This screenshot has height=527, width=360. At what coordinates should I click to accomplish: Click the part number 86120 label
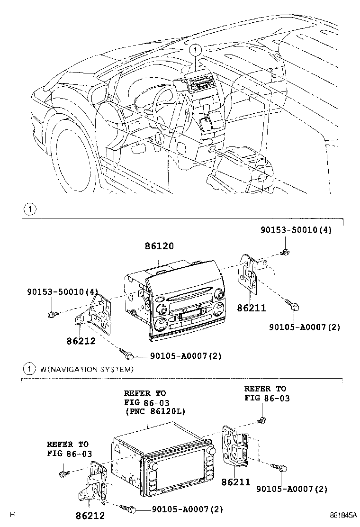click(x=159, y=246)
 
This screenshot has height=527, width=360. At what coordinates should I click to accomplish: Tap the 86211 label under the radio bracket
click(x=251, y=308)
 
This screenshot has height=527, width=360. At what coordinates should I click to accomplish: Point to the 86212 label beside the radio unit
click(x=81, y=340)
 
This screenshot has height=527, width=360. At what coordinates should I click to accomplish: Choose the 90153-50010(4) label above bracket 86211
click(x=296, y=230)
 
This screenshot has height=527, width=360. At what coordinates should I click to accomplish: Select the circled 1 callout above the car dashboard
click(x=195, y=49)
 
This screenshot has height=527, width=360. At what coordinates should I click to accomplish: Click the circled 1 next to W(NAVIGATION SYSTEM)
click(x=30, y=369)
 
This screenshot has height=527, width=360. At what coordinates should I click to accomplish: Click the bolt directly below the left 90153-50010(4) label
click(x=53, y=313)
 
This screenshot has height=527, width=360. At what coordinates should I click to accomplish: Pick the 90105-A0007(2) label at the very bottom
click(x=187, y=509)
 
